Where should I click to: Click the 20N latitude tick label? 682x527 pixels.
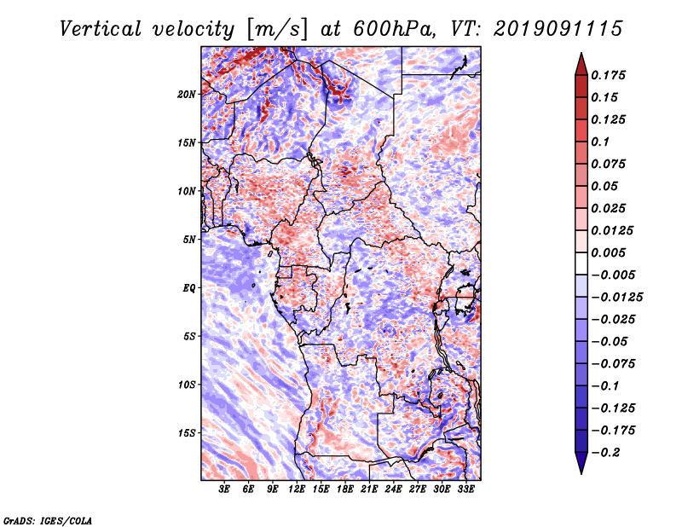tap(187, 94)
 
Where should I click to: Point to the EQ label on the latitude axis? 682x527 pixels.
tap(189, 287)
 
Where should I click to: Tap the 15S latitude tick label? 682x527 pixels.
tap(187, 432)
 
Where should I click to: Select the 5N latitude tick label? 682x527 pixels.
tap(189, 240)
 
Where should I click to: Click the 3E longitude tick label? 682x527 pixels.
tap(225, 489)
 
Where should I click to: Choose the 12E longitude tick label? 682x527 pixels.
tap(298, 489)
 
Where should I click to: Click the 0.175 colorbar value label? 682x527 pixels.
tap(610, 75)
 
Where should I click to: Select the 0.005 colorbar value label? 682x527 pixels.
tap(610, 253)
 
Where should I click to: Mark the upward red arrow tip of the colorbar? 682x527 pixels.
tap(580, 56)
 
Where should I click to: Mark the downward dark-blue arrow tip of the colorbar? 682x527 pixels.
tap(580, 470)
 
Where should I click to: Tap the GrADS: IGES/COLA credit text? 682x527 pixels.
tap(47, 519)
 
